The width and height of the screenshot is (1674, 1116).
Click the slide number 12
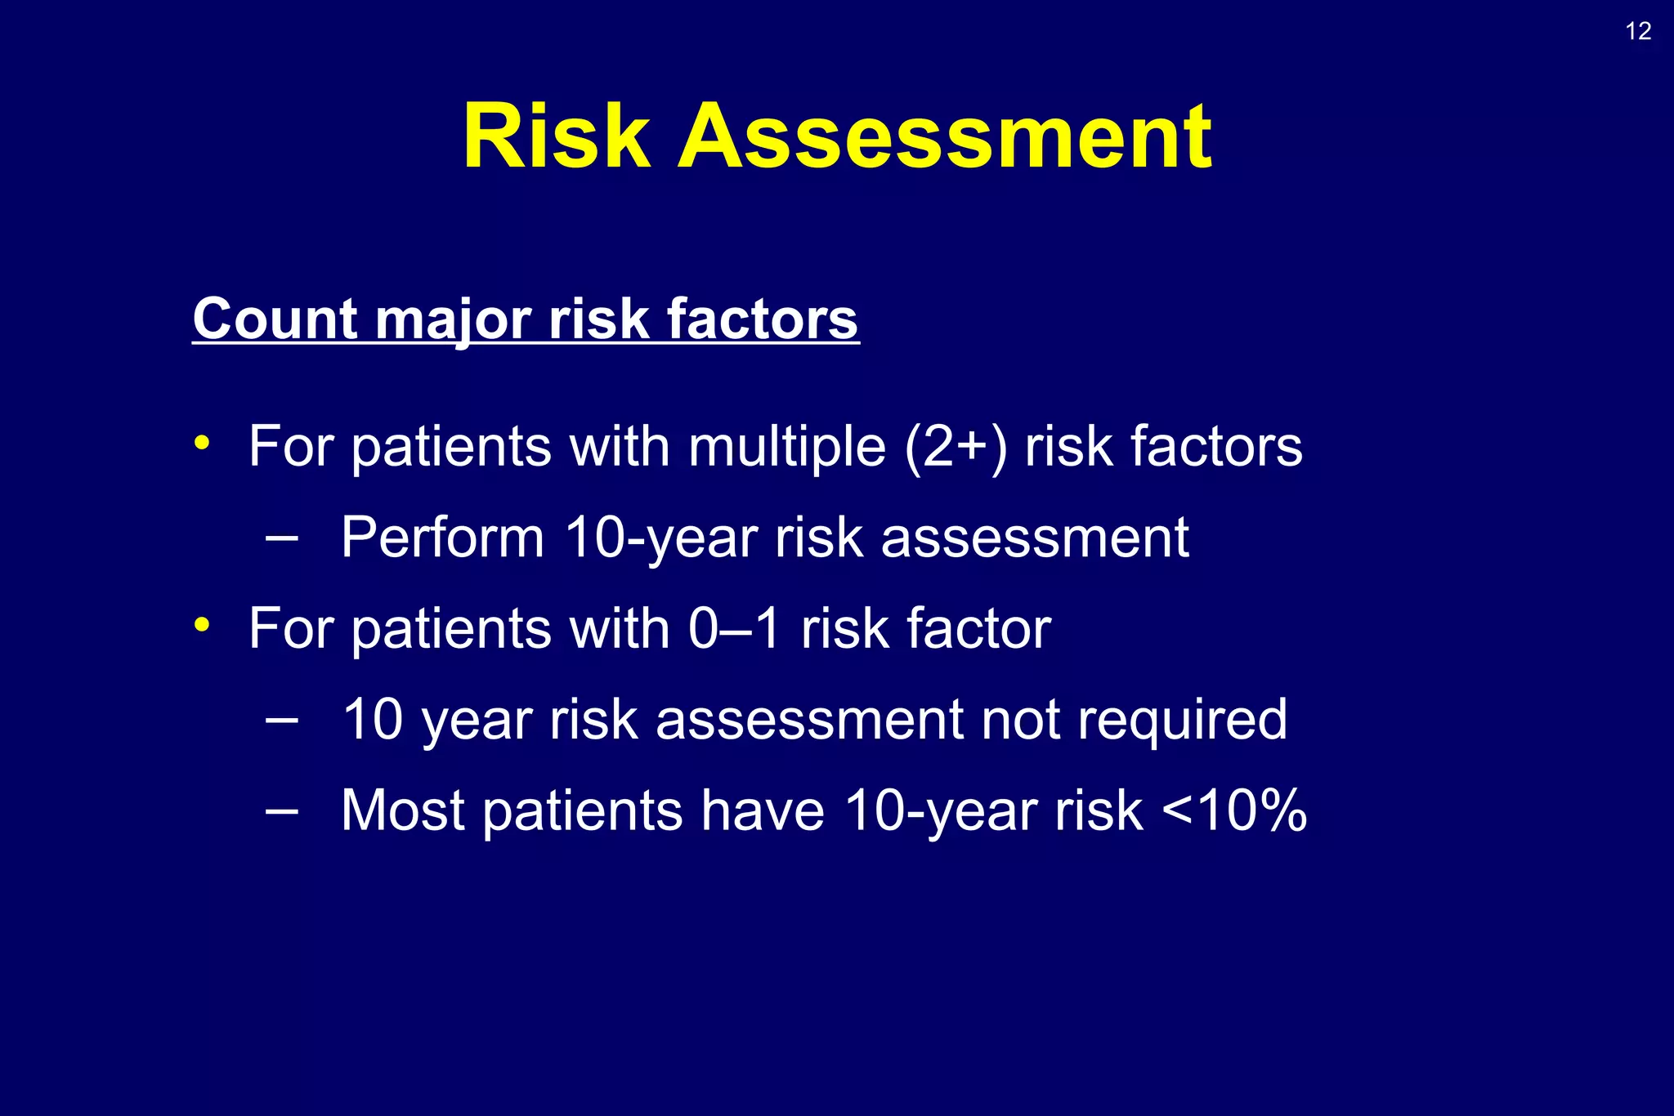pos(1638,31)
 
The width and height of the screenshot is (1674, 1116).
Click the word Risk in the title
pos(557,136)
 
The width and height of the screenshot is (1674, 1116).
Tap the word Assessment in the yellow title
pos(945,136)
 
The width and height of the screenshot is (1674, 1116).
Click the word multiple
pos(786,447)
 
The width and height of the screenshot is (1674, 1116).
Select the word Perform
pos(442,538)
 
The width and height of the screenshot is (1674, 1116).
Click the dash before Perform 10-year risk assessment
pos(282,538)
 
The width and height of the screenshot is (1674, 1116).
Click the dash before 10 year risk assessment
pos(282,720)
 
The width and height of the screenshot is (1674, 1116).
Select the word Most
pos(402,810)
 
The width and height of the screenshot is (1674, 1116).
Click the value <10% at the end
pos(1233,810)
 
